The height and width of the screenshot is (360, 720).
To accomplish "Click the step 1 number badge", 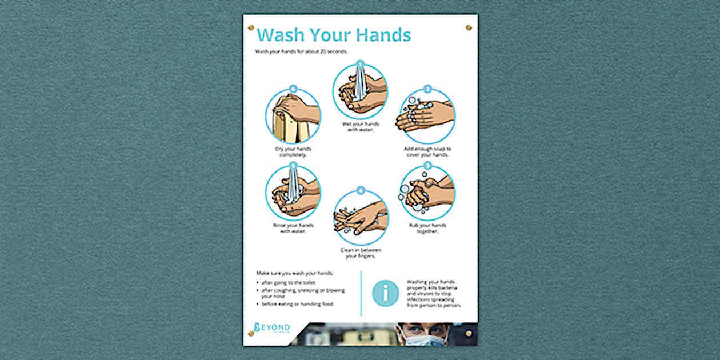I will click(360, 64).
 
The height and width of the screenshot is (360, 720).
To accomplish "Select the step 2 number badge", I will click(427, 90).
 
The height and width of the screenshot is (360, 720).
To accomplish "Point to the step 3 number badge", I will click(427, 166).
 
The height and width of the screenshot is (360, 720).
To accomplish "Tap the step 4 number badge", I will click(360, 190).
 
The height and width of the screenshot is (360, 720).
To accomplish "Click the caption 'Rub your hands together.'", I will click(427, 228).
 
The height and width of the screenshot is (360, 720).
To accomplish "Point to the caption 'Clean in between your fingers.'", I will click(360, 253).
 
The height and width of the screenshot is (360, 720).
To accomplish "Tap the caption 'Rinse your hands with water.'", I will click(293, 228).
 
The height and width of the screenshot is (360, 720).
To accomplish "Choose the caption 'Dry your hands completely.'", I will click(293, 151).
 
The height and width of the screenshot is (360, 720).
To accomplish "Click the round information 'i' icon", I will click(385, 293).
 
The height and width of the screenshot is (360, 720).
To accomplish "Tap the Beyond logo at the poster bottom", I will click(272, 329).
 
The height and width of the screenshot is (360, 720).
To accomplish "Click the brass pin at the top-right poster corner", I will click(469, 27).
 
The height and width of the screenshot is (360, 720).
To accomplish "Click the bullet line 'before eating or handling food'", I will click(297, 304).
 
